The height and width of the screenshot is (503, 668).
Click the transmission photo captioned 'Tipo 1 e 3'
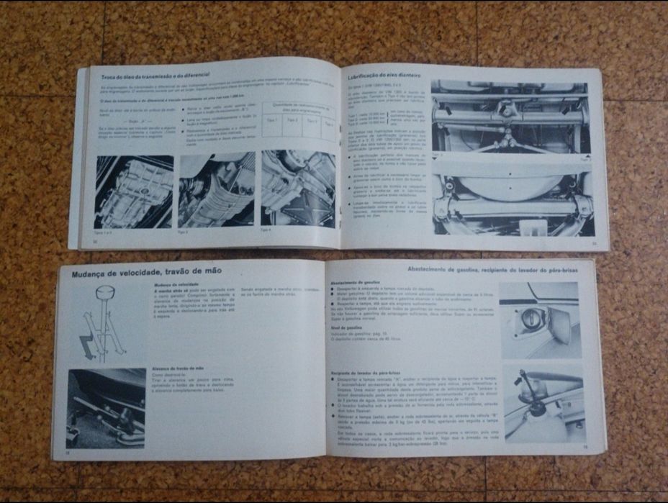[134, 192]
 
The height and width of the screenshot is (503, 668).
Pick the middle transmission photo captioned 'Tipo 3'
[216, 191]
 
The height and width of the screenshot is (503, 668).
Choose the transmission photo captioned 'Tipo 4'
[298, 189]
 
